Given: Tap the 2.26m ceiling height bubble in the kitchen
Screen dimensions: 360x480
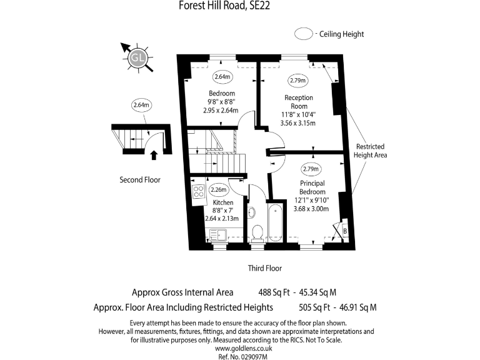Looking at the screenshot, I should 219,190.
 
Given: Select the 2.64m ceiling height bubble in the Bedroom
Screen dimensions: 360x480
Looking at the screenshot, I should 222,77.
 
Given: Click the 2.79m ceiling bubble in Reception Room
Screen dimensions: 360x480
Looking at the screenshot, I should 297,81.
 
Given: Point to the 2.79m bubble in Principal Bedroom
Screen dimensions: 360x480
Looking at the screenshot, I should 311,169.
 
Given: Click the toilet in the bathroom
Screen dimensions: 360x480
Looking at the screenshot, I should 256,233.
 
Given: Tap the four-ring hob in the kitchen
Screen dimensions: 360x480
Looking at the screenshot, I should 199,192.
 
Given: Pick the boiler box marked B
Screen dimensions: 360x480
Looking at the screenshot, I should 344,231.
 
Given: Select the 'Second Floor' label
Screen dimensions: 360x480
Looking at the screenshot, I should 140,180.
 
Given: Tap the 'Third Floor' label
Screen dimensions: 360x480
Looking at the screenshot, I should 264,268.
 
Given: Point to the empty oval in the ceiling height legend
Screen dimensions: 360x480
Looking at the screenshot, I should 304,34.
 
